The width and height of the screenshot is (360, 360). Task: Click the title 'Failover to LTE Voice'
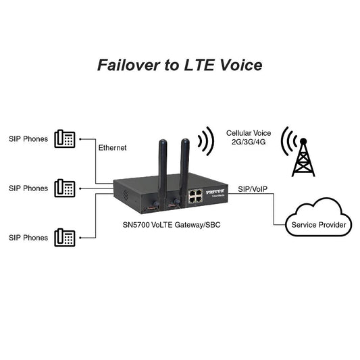point(180,65)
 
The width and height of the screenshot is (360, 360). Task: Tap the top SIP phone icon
point(66,139)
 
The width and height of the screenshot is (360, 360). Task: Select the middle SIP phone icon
point(66,188)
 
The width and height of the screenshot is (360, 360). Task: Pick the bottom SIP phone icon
point(66,237)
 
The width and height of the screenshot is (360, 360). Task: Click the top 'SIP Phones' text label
point(28,139)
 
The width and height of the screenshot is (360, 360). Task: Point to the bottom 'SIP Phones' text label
point(28,238)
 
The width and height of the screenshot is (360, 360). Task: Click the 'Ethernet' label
point(112,147)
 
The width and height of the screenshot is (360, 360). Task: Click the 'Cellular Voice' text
point(249,134)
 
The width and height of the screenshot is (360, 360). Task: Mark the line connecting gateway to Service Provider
point(274,209)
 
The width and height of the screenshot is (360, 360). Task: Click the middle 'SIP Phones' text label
point(28,188)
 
